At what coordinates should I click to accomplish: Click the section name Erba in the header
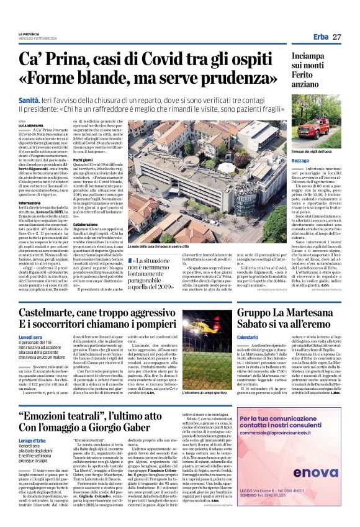tap(321, 37)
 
